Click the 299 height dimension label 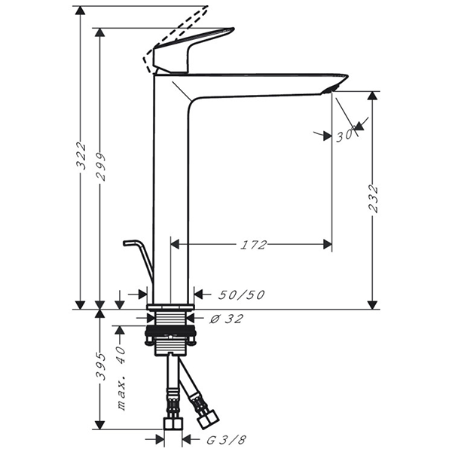100,167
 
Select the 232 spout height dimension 374,199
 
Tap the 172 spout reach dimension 254,244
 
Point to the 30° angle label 344,136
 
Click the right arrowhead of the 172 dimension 327,244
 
